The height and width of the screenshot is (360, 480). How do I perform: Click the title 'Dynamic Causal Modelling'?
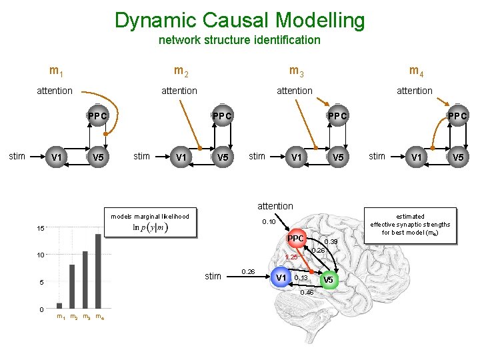[x=239, y=20]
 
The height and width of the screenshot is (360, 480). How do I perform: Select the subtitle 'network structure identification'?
[x=239, y=40]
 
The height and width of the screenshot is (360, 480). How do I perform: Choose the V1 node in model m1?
[x=57, y=157]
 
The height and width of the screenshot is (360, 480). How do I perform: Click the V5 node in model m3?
[x=339, y=157]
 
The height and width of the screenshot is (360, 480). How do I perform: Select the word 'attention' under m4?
[x=414, y=91]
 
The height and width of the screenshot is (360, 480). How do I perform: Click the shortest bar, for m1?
[x=59, y=305]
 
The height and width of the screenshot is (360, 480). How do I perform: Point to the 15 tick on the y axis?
[x=41, y=229]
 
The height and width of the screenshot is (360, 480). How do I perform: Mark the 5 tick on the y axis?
[x=42, y=283]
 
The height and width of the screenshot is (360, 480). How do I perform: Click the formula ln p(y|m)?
[x=150, y=228]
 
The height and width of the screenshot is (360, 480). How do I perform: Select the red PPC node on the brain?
[x=295, y=239]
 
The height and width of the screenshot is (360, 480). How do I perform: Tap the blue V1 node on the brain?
[x=282, y=277]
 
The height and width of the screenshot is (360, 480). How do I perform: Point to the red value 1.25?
[x=291, y=257]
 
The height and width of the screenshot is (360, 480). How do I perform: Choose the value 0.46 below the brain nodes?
[x=307, y=292]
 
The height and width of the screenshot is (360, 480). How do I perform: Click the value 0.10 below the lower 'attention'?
[x=269, y=221]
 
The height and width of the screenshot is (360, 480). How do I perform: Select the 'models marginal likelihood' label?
[x=150, y=216]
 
